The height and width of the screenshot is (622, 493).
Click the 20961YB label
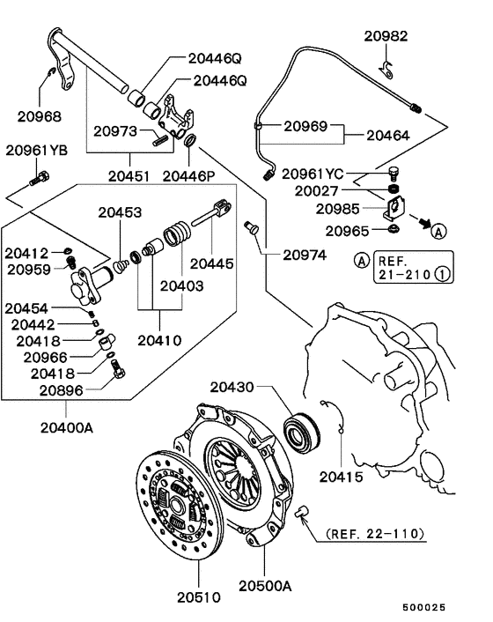(36, 150)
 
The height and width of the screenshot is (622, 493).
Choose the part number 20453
(120, 212)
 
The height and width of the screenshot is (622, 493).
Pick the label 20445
(212, 263)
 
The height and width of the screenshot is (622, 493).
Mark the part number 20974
(305, 255)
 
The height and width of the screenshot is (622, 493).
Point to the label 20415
(341, 477)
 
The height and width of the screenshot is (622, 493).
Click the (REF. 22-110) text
(374, 534)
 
